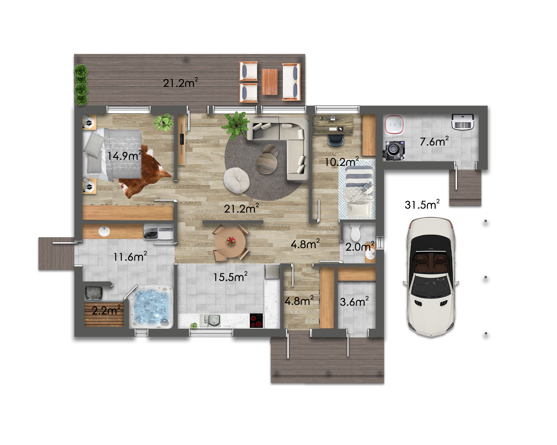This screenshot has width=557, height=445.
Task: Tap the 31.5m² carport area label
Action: tap(422, 204)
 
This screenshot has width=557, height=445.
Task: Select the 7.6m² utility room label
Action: tap(434, 141)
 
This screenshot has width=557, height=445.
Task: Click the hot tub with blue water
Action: tap(152, 307)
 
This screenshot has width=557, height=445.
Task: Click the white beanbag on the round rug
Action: tap(236, 180)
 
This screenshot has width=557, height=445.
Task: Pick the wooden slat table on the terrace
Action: tap(270, 82)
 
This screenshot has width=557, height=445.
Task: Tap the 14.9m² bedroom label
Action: tap(125, 155)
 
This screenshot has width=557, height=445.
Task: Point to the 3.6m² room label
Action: tap(354, 301)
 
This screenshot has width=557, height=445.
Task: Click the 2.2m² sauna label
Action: tap(106, 310)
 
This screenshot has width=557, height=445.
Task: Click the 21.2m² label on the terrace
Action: tap(180, 83)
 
